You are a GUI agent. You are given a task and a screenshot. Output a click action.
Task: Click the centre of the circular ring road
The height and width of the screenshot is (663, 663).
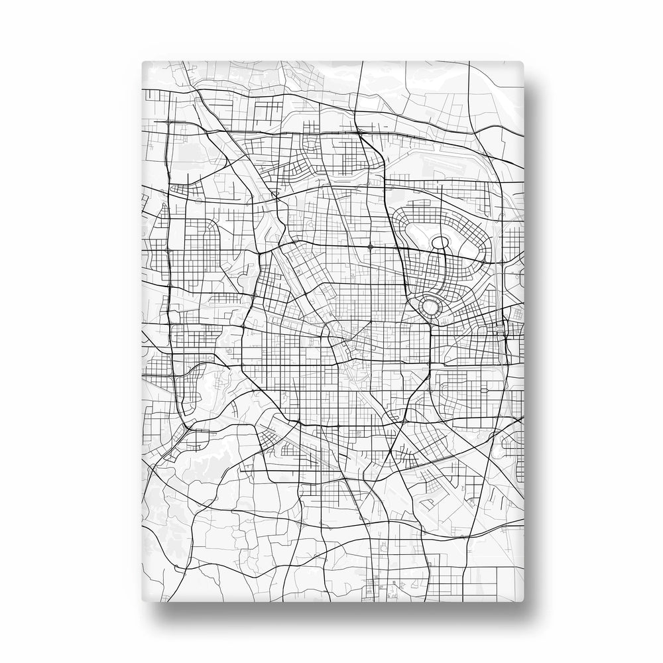[430, 306]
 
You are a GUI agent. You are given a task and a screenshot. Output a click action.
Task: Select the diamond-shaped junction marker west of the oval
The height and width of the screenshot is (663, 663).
[370, 247]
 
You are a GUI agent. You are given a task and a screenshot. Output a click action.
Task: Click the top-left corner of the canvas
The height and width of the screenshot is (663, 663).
[144, 62]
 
